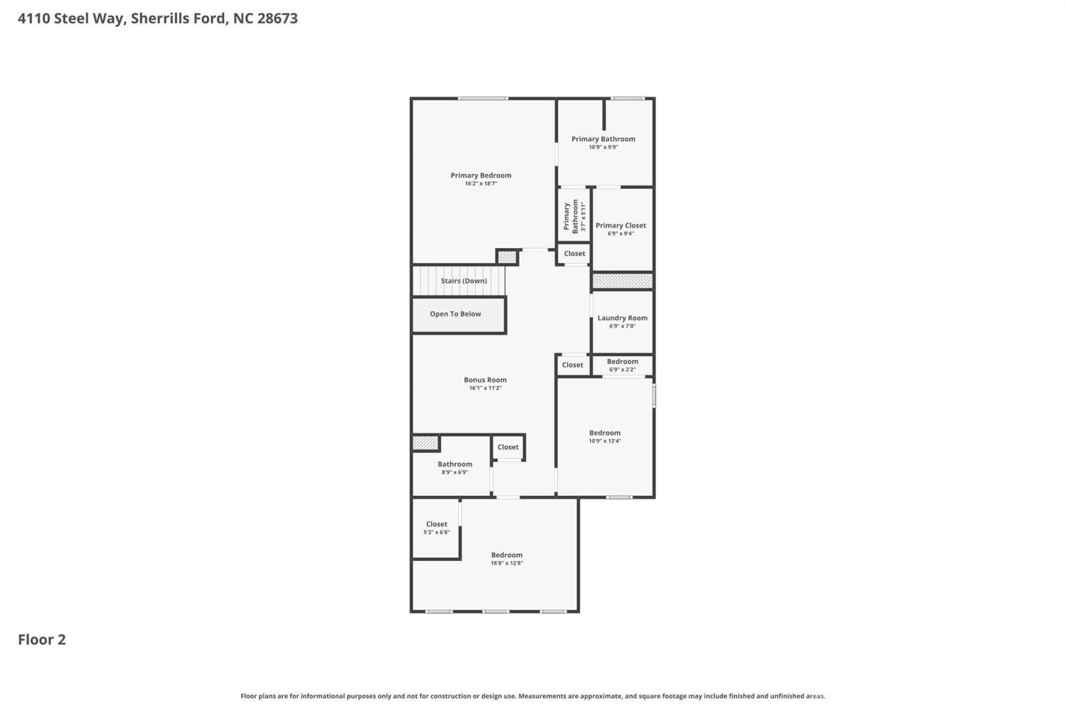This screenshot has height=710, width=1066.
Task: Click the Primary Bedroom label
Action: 481,175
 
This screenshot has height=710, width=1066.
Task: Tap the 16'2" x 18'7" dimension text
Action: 481,184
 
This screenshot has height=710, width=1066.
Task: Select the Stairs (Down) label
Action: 464,281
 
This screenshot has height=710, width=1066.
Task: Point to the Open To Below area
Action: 455,314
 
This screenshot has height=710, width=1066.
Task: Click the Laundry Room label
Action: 622,318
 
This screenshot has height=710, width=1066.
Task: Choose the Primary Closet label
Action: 621,225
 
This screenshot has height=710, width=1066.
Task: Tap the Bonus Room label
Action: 485,380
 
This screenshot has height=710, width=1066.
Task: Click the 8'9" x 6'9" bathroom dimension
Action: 455,472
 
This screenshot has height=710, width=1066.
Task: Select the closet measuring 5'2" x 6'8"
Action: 436,528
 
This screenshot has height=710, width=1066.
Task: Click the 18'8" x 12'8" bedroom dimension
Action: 506,563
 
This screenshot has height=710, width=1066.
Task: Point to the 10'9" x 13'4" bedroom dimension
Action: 605,441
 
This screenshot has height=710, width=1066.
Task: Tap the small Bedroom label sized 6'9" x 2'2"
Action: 622,361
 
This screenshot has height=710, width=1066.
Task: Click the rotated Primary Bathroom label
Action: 571,216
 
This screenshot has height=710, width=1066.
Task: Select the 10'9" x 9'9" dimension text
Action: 603,147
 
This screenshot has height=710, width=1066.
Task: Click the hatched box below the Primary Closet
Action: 622,281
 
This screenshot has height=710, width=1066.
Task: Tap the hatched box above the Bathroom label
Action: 425,443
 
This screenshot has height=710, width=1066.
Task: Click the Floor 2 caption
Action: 42,639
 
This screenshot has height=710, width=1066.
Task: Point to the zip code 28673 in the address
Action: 278,18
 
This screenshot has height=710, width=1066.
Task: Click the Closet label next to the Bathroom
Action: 508,447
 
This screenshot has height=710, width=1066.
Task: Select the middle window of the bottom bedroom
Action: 495,612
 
